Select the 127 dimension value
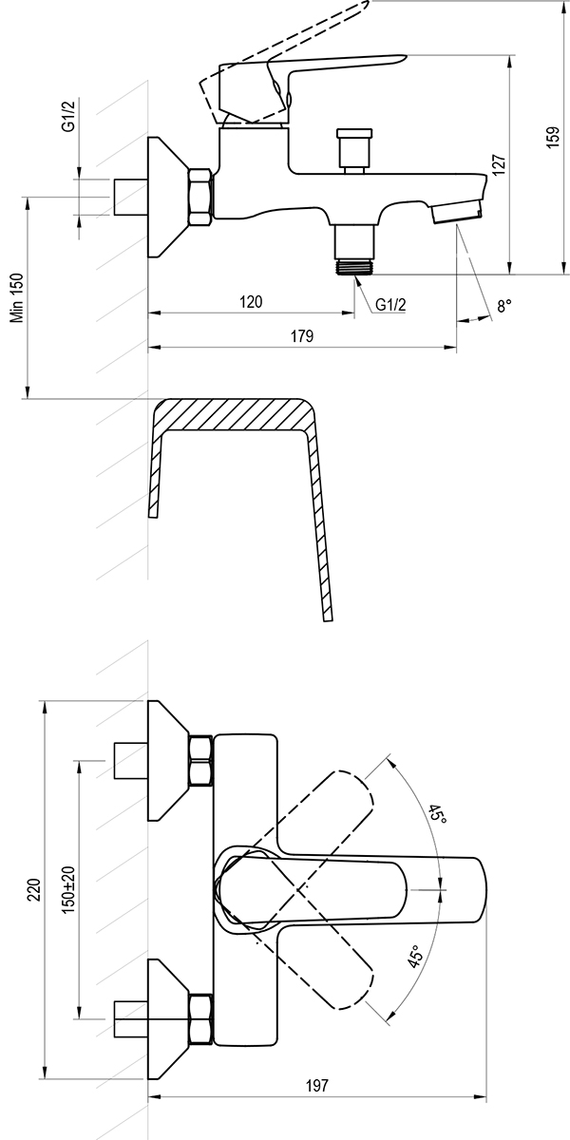[500, 165]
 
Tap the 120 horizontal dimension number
[251, 302]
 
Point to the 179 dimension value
[302, 336]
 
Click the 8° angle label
[504, 306]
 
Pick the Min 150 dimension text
[18, 297]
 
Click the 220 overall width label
[34, 889]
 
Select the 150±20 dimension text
[68, 889]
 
